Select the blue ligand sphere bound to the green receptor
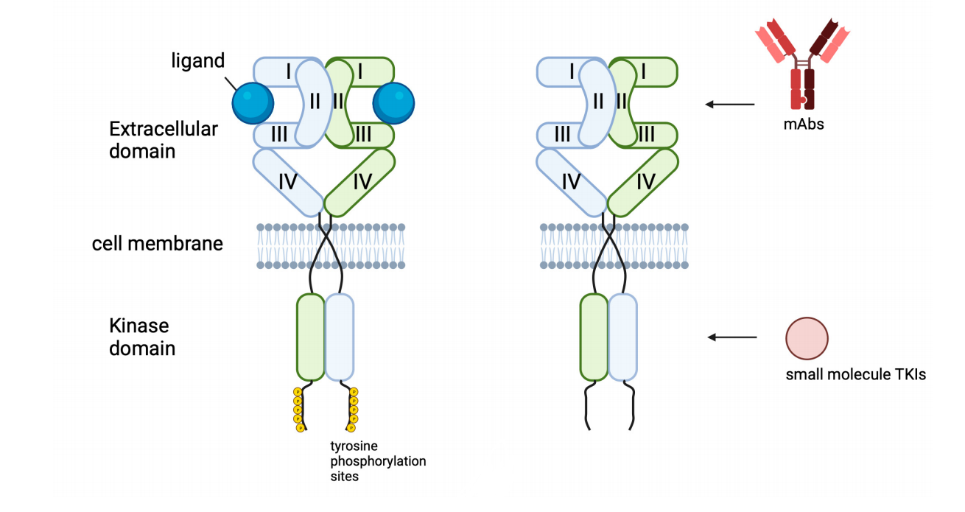tap(393, 102)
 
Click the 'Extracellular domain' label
tap(163, 140)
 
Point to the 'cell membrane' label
tap(157, 244)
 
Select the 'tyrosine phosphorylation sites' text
tap(378, 461)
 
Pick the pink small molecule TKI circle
tap(807, 338)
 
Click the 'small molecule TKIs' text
tap(855, 375)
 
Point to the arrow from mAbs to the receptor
tap(730, 105)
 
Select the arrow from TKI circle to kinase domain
tap(732, 337)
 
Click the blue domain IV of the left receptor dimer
tap(288, 181)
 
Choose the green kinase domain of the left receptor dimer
tap(310, 337)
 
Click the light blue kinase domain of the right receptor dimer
tap(623, 337)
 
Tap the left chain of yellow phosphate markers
tap(298, 410)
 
